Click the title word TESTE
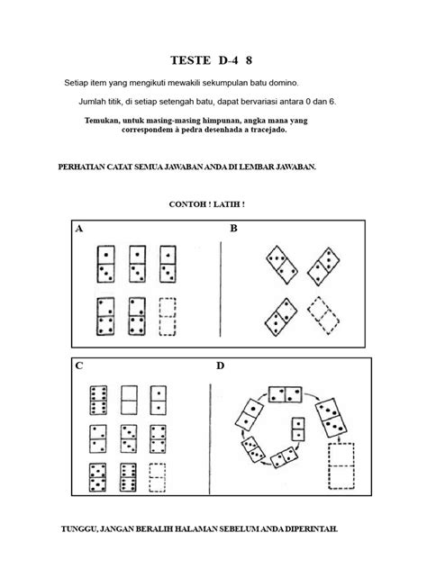(x=191, y=60)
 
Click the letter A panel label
(x=79, y=229)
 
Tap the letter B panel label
(x=234, y=229)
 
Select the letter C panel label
(x=79, y=366)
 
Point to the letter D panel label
(x=221, y=366)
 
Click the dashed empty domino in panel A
(x=168, y=317)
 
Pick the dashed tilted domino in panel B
(x=323, y=315)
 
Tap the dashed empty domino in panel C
(x=158, y=477)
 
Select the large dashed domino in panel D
(x=341, y=466)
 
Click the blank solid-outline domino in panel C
(x=129, y=400)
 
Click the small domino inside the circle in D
(x=298, y=429)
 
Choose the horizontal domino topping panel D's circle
(x=285, y=394)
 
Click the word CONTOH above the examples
(x=187, y=204)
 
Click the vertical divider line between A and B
(x=221, y=289)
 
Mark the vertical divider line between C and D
(x=210, y=438)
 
